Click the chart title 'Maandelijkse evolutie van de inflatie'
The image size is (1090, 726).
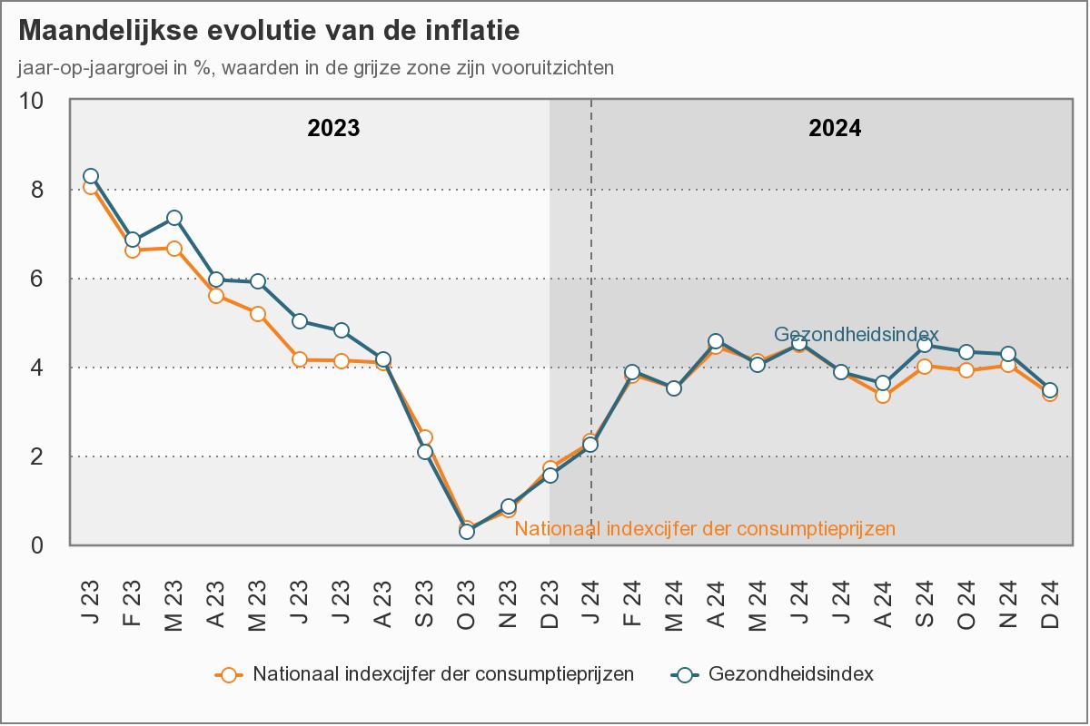point(269,31)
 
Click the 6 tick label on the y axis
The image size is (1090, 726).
point(38,279)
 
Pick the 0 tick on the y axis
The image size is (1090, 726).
point(38,545)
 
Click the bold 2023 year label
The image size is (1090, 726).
point(333,128)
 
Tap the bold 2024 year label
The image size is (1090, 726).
point(835,128)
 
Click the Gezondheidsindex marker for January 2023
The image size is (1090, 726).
point(91,176)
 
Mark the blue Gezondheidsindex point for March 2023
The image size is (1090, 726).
point(174,218)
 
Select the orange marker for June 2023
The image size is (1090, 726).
point(300,359)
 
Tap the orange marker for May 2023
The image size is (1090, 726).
point(258,314)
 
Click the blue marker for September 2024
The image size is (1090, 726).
point(925,345)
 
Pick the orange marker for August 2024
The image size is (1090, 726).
point(883,395)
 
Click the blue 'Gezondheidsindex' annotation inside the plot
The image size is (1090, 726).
point(856,333)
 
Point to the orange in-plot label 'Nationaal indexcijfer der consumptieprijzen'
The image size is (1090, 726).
point(705,527)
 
